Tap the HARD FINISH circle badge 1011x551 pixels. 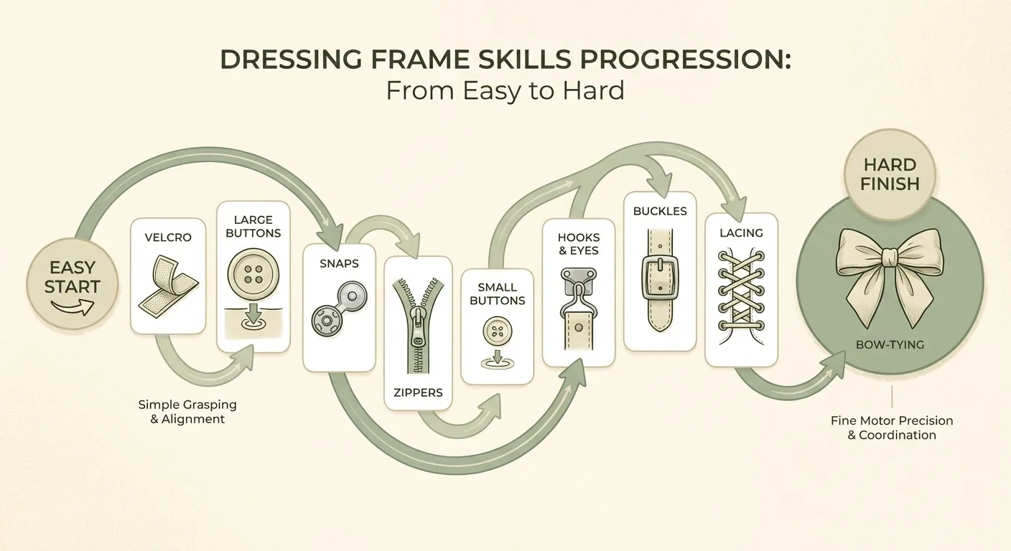(890, 174)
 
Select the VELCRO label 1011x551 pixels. (167, 237)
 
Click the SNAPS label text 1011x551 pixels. (339, 263)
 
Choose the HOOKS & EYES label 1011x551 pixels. (578, 244)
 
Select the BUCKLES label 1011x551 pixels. (659, 211)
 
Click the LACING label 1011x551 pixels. (741, 233)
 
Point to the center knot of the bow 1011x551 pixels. (890, 256)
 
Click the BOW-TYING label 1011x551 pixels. (890, 344)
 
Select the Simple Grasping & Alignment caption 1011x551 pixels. (187, 412)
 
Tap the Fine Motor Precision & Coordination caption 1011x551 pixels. (892, 428)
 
